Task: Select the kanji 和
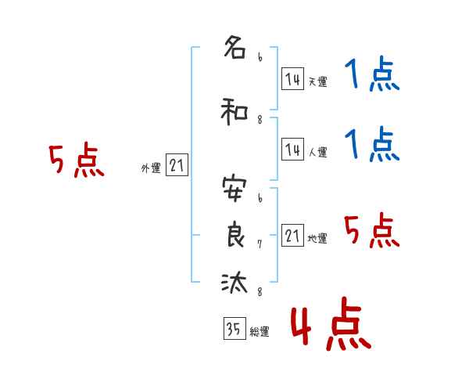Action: click(234, 112)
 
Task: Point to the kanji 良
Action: click(234, 235)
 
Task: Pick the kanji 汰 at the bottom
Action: click(234, 283)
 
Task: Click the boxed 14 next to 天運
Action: click(292, 79)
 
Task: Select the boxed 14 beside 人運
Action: click(292, 150)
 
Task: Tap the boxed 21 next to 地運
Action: click(292, 236)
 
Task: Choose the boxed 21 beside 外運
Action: click(177, 166)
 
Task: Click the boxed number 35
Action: click(234, 330)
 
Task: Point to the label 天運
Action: click(317, 81)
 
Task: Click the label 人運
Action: click(317, 153)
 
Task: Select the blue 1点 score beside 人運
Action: click(371, 146)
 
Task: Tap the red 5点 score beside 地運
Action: click(371, 232)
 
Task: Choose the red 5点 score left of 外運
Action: click(76, 162)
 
